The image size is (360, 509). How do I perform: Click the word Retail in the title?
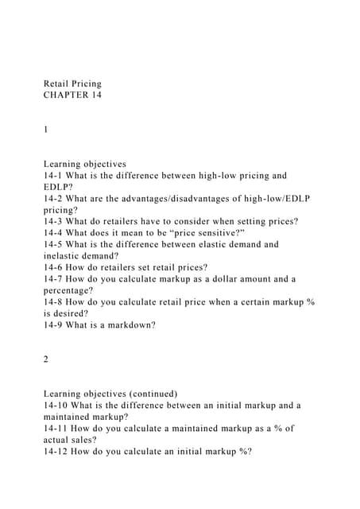coord(56,83)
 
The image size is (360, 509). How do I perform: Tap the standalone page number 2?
coord(46,359)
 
